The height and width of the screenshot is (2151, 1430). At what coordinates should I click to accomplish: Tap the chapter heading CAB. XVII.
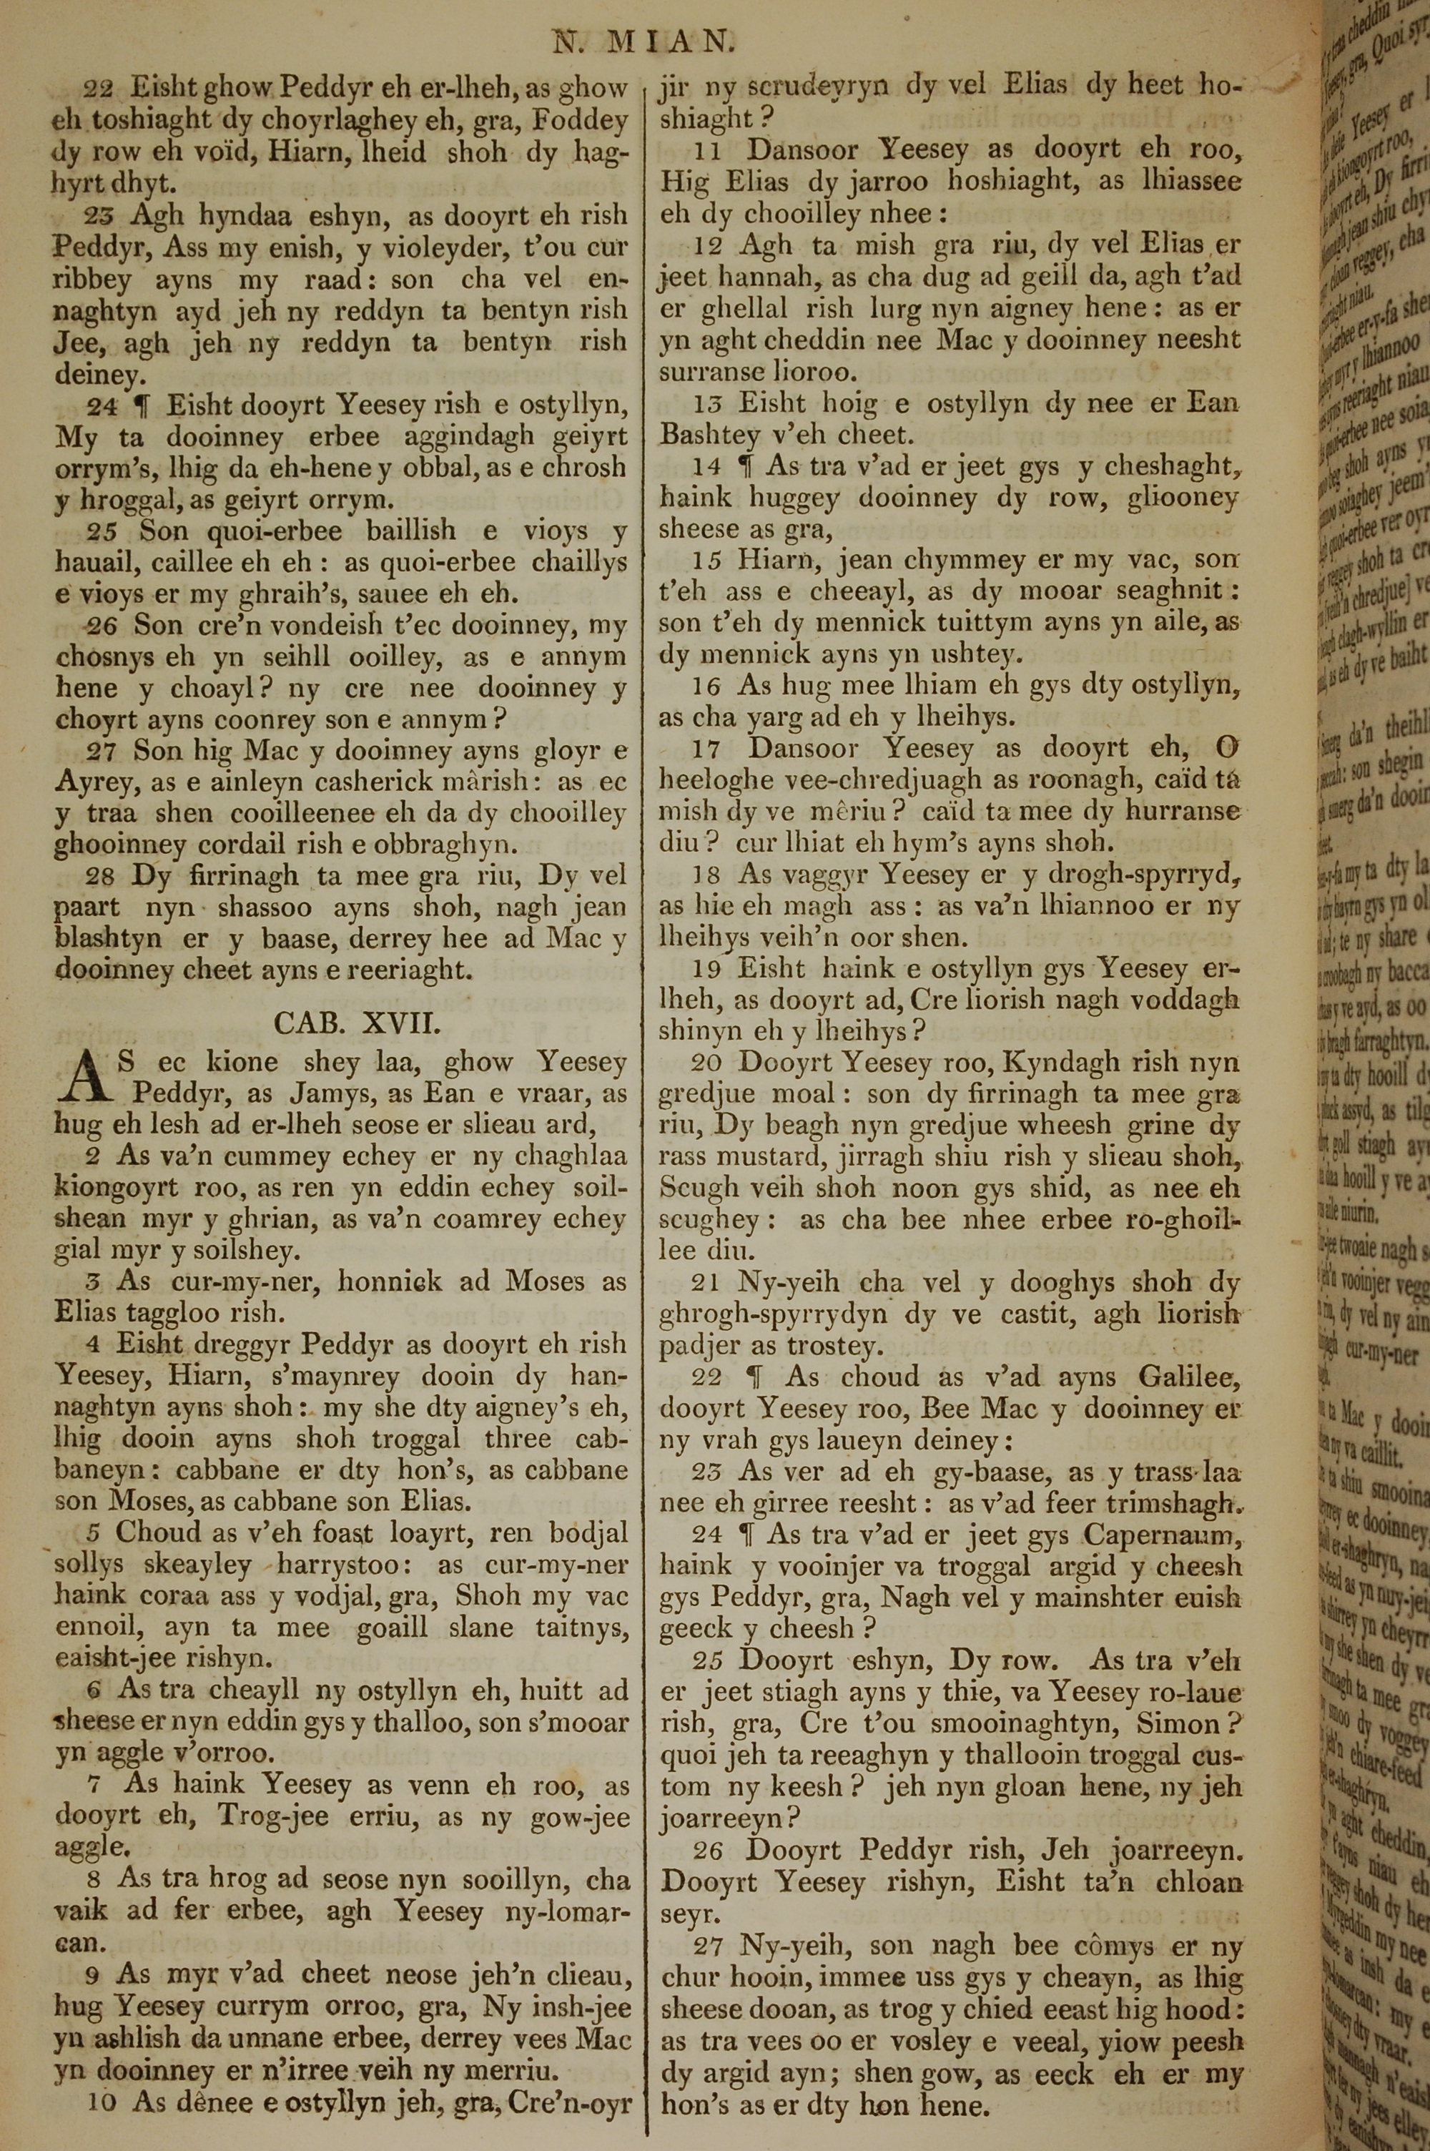[357, 1023]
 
